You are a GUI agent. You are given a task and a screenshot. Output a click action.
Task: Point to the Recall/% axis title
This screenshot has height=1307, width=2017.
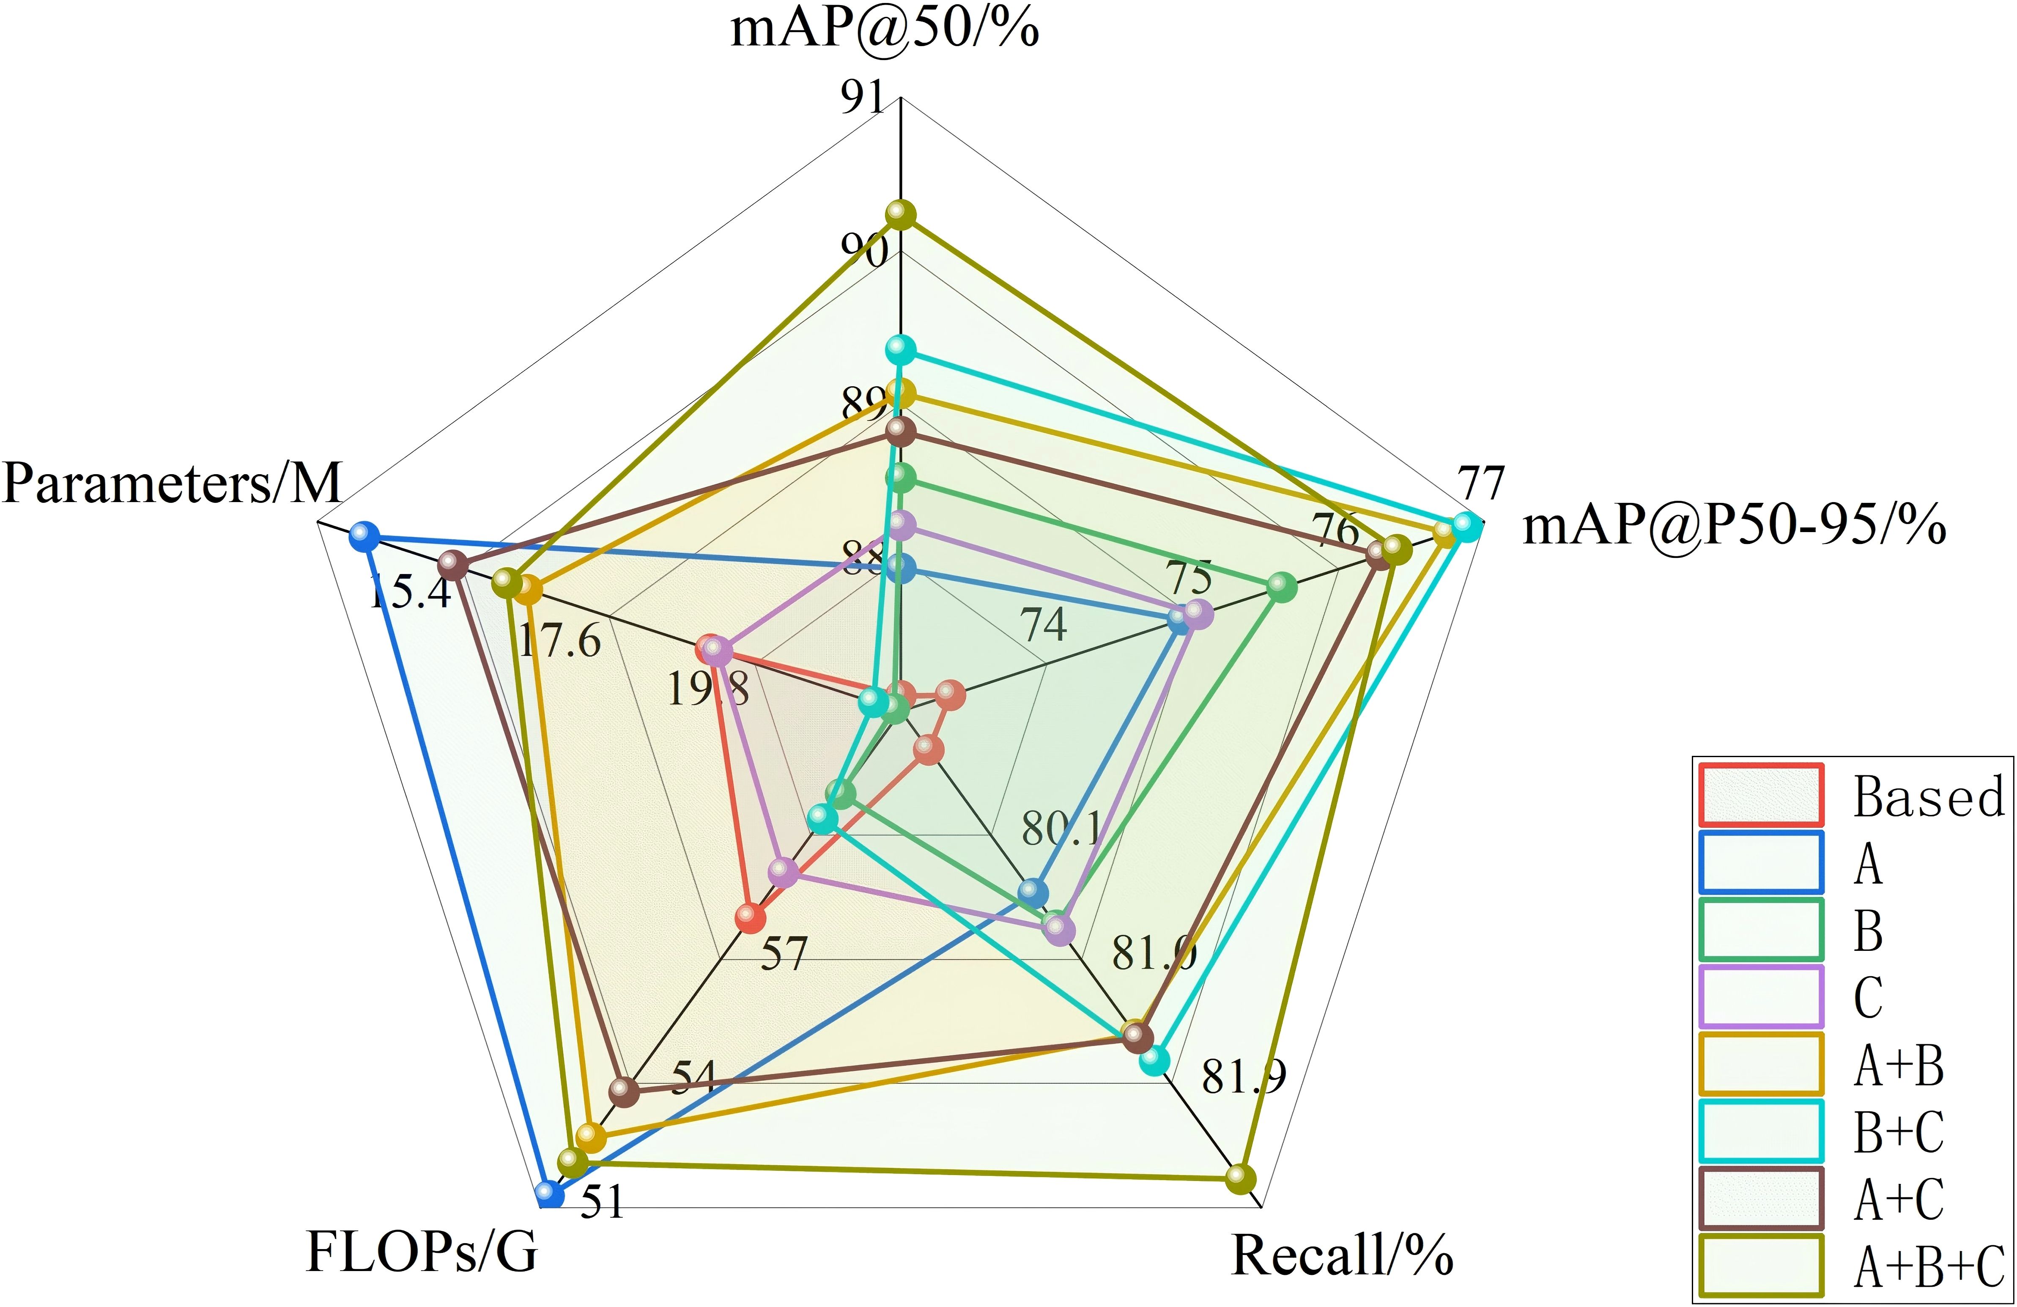pyautogui.click(x=1342, y=1255)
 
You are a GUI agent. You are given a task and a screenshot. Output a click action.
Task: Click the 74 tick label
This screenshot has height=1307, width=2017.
pyautogui.click(x=1043, y=626)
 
